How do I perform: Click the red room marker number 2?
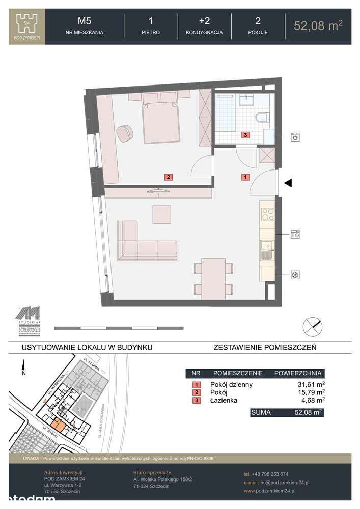168,178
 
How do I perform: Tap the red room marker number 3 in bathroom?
245,135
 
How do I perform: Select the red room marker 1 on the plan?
245,177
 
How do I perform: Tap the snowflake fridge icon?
294,275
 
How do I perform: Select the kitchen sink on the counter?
266,250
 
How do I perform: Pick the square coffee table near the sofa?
162,213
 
